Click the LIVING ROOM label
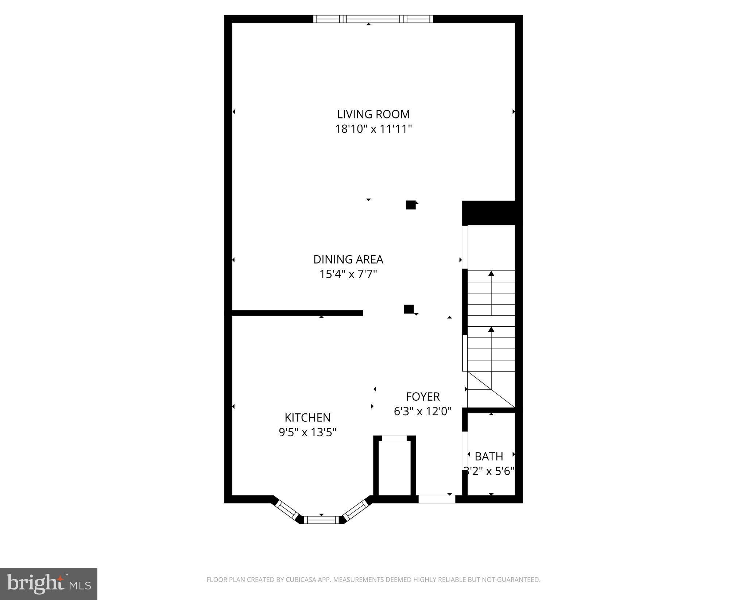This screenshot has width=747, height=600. click(x=373, y=114)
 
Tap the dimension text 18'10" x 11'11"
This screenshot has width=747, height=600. click(x=373, y=129)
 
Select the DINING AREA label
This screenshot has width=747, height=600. click(x=348, y=259)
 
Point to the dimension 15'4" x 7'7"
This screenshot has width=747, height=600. click(x=348, y=274)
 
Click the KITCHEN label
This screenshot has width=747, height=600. click(x=307, y=417)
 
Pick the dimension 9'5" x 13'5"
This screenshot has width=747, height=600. click(x=307, y=432)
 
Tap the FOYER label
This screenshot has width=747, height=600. click(x=423, y=396)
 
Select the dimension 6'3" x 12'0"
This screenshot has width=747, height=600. click(x=423, y=412)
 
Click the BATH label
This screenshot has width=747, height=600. click(x=489, y=456)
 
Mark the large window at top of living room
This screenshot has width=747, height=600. click(x=373, y=19)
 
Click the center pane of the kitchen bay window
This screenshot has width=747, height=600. click(x=321, y=520)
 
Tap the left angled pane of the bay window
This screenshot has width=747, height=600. click(x=287, y=509)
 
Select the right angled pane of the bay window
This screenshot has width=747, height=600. click(x=356, y=509)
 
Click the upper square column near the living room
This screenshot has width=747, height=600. click(x=411, y=205)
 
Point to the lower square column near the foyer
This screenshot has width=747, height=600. click(x=409, y=309)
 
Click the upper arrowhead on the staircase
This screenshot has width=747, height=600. click(x=491, y=273)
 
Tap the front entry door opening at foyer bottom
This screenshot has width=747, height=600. click(x=437, y=499)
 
